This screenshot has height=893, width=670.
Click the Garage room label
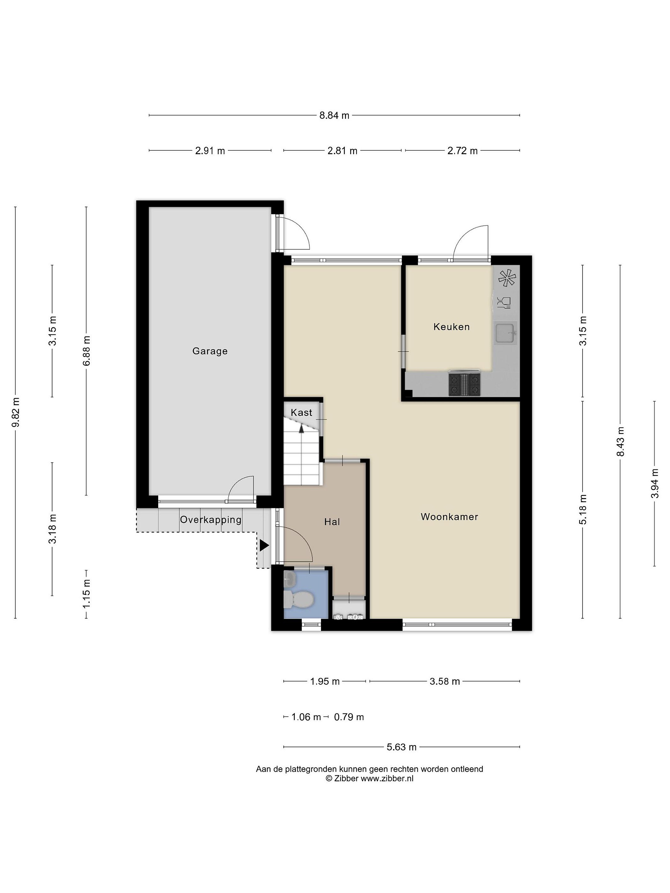point(210,351)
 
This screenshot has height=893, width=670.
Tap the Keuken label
point(452,327)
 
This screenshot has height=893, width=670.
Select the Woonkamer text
point(449,517)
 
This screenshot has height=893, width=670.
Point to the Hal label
point(332,522)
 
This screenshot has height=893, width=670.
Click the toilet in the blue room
point(299,600)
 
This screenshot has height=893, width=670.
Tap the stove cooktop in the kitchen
point(464,384)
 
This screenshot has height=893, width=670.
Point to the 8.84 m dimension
point(334,115)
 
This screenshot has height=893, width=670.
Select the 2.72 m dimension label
point(462,151)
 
